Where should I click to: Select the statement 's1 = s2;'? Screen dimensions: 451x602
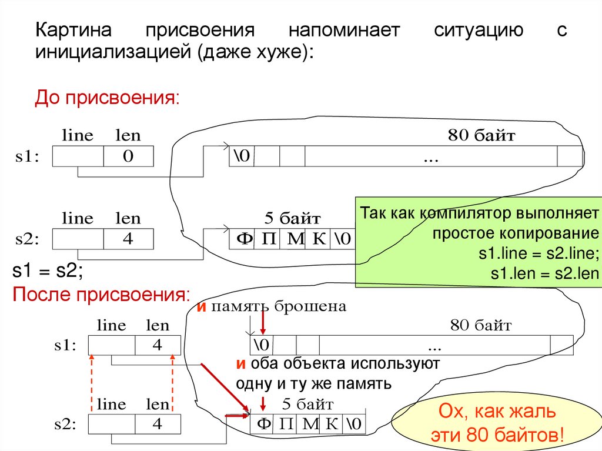[48, 271]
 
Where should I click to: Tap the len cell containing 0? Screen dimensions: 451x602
[128, 156]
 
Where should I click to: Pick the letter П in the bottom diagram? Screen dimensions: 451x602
[286, 424]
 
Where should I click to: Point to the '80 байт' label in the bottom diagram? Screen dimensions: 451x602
[481, 325]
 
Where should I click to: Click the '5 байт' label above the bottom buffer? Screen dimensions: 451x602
[307, 404]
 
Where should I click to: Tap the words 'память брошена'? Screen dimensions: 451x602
[279, 306]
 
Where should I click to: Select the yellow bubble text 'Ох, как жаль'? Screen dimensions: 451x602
[497, 413]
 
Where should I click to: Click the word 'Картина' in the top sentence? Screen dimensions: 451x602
[74, 31]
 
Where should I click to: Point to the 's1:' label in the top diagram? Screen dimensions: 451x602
[27, 157]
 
